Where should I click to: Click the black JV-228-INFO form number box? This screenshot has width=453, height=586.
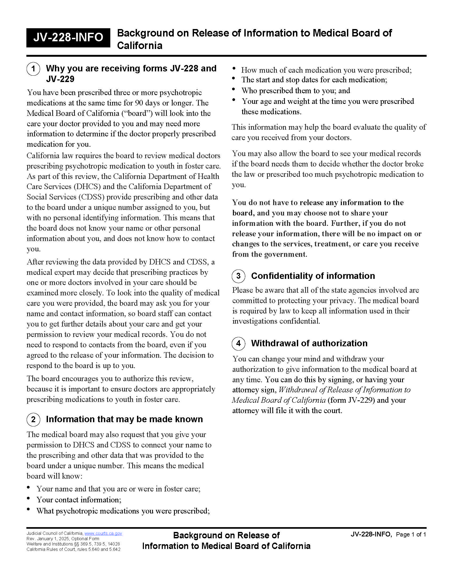coord(68,38)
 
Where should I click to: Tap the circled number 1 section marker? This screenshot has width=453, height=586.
coord(33,69)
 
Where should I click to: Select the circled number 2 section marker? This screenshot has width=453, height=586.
coord(33,419)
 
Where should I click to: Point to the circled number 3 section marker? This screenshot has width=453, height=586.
coord(238,276)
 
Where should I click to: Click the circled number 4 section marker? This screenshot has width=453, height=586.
coord(238,343)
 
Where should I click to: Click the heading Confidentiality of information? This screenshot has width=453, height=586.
coord(313,276)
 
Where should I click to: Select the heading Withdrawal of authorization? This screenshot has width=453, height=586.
coord(309,343)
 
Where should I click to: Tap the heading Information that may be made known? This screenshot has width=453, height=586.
coord(124,419)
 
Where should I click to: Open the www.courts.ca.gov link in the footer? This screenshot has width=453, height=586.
coord(103,534)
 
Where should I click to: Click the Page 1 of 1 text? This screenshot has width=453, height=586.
coord(411,535)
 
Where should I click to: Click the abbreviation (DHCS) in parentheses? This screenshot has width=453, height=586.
coord(87,186)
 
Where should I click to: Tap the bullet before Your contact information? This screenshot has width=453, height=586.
coord(29,498)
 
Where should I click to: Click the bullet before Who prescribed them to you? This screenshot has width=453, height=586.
coord(234,89)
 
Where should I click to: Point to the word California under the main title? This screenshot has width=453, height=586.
coord(140,46)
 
